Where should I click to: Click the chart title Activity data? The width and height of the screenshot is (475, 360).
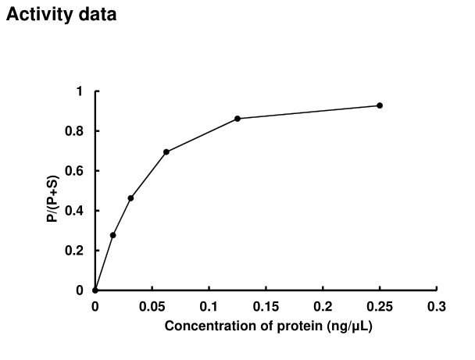point(62,15)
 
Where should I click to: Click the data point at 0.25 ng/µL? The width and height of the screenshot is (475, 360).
point(380,105)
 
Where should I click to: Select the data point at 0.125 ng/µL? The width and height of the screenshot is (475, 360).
point(237,118)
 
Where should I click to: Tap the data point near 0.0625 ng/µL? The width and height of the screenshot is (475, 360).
point(166,151)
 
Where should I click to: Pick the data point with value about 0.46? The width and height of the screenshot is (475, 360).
point(130,198)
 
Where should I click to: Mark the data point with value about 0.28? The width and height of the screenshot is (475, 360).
point(113,235)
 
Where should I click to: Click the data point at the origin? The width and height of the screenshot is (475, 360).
point(95,290)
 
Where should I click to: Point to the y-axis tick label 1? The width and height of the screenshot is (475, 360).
point(79,91)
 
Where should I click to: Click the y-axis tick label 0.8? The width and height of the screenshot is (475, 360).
point(75,131)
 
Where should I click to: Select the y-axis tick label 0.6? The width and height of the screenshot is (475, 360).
point(75,171)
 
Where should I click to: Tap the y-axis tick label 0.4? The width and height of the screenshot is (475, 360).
point(75,211)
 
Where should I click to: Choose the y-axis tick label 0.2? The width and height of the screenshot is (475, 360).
point(75,251)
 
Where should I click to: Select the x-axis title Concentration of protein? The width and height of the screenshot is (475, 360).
point(267,326)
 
